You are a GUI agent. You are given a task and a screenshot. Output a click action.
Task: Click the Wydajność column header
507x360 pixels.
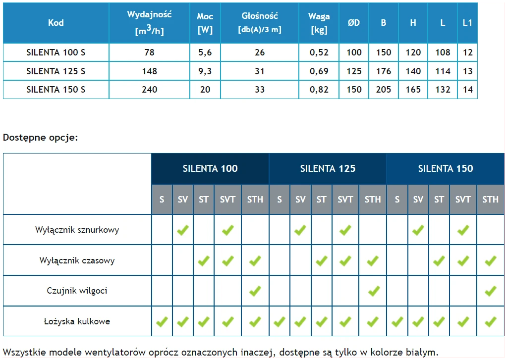(x=149, y=22)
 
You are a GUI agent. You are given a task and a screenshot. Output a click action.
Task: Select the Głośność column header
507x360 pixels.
(x=260, y=22)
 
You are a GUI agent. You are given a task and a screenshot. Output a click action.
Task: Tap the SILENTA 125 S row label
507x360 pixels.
(x=56, y=71)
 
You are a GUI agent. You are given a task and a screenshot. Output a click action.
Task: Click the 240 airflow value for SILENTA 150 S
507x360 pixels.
(x=149, y=90)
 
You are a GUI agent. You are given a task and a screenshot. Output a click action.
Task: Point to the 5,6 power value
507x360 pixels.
(x=205, y=52)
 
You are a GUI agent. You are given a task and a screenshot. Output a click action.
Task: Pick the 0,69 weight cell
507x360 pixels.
(x=319, y=71)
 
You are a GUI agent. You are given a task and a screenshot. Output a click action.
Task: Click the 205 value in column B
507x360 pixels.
(x=384, y=90)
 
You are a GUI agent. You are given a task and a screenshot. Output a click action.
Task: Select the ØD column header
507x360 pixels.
(x=354, y=23)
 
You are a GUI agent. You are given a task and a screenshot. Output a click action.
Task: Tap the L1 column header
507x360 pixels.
(x=467, y=23)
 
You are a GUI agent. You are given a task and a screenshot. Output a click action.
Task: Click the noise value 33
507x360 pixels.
(x=260, y=90)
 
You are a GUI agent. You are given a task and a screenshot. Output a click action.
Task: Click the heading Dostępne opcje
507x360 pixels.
(x=41, y=137)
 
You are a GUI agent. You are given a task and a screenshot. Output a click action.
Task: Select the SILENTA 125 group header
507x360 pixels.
(x=328, y=168)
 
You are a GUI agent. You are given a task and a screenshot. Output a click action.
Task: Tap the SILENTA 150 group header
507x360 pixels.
(x=446, y=168)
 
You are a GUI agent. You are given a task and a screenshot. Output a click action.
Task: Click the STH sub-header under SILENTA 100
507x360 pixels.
(x=255, y=200)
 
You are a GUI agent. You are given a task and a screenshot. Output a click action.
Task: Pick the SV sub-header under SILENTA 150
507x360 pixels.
(x=418, y=200)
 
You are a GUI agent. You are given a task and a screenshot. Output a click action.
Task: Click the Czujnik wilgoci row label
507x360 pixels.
(x=77, y=291)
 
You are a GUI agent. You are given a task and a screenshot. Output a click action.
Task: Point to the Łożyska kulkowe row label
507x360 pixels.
(x=77, y=321)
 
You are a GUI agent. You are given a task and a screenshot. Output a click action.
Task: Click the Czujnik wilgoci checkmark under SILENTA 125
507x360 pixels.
(x=373, y=291)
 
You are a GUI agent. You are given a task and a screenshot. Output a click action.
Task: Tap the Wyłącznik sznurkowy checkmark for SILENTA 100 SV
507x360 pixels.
(x=183, y=230)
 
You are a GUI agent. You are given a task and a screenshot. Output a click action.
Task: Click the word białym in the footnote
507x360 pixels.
(x=422, y=353)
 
